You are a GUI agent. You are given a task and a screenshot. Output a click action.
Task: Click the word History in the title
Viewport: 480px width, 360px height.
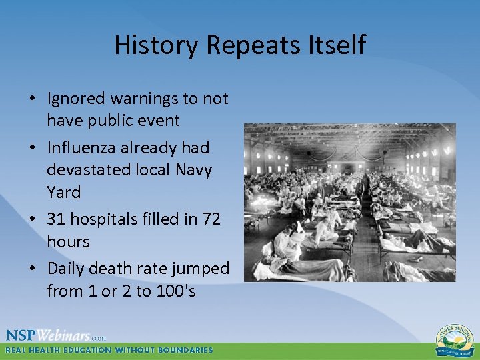coord(157,45)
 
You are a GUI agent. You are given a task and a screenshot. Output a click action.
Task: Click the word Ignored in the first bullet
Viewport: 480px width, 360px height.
coord(76,99)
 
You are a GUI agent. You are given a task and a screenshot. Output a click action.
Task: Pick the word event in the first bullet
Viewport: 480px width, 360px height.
coord(158,121)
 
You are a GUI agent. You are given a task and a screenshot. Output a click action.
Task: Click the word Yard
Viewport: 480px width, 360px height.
coord(63,192)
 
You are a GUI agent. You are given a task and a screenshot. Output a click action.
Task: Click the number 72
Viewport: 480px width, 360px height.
coord(210,219)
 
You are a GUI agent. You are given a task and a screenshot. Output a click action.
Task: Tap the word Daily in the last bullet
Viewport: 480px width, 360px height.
coord(65,269)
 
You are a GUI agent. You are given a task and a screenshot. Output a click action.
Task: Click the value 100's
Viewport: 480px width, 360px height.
coord(175,291)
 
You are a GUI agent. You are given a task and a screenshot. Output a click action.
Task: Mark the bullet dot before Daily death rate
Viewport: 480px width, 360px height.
coord(32,269)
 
